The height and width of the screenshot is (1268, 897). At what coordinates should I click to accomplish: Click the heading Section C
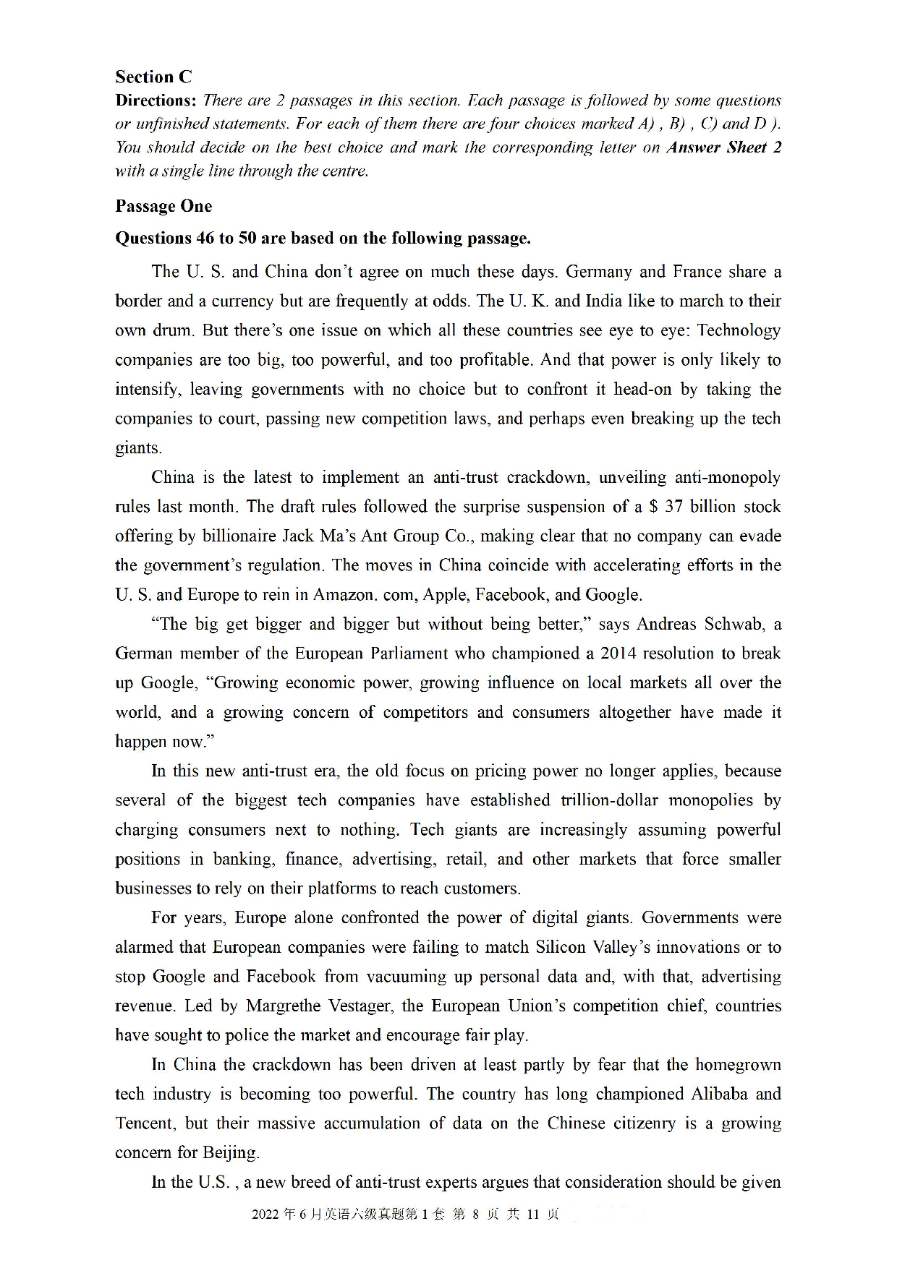[x=153, y=77]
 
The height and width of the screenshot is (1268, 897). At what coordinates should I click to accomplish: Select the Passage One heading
[x=163, y=206]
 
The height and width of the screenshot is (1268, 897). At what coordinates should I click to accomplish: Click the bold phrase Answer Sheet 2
[x=723, y=147]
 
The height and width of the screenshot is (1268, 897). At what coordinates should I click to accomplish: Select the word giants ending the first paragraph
[x=137, y=448]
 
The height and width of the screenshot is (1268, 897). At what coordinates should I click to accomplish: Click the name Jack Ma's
[x=313, y=536]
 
